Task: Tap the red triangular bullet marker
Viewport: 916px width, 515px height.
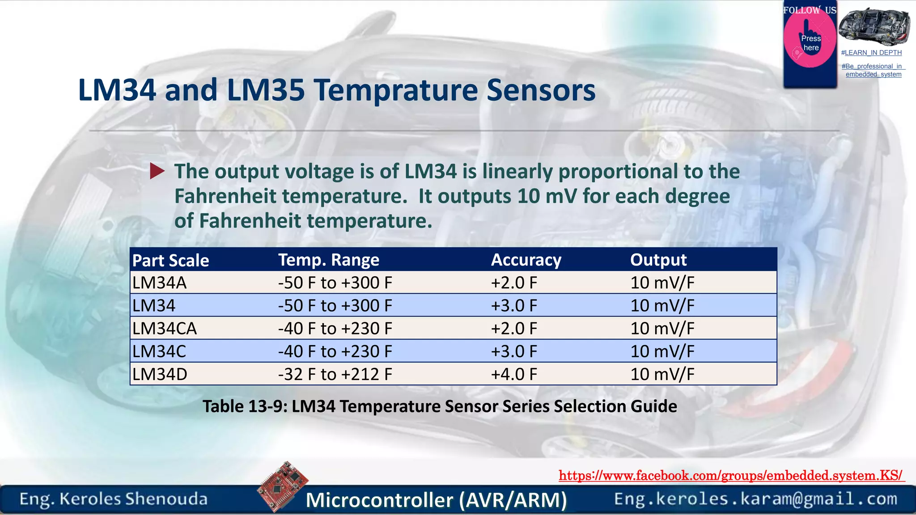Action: pos(157,171)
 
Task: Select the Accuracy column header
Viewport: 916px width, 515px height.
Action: pos(526,260)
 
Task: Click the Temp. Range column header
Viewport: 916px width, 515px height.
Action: pos(329,260)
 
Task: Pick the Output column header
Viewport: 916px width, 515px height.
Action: pos(658,260)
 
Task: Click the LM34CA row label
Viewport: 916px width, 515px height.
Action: pos(165,329)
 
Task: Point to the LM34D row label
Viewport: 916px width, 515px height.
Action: pos(160,374)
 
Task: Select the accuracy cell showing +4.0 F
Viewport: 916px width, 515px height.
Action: pos(514,374)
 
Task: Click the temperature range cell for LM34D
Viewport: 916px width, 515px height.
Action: pos(335,374)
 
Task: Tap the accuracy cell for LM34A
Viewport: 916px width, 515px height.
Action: pos(514,283)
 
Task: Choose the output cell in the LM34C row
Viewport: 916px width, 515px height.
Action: pos(662,351)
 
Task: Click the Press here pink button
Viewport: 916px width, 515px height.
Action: pos(810,43)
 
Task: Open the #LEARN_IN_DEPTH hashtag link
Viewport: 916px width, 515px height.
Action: pos(871,53)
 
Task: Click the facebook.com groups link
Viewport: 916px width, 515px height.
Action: pos(731,475)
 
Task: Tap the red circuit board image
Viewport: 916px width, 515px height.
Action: pos(283,486)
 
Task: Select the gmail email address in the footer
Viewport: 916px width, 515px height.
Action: pos(755,499)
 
